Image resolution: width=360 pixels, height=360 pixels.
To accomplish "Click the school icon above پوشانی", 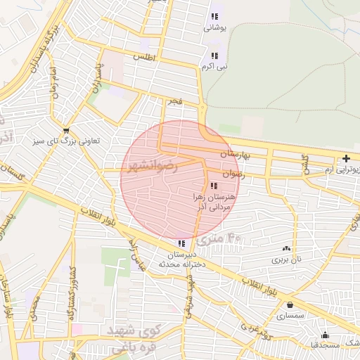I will click(214, 16).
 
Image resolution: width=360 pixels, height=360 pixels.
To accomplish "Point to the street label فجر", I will click(175, 102).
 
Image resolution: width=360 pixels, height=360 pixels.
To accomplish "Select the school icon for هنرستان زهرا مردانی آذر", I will click(214, 186).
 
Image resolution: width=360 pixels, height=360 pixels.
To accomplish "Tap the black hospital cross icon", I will click(345, 159).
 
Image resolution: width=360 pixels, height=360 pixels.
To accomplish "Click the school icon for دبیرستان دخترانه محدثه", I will click(182, 243).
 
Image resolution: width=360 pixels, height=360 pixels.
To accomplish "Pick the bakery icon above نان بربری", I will click(286, 248).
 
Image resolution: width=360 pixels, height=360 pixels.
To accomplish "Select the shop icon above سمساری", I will click(290, 305).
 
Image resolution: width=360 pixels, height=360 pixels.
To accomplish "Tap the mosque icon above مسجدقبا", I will click(325, 335).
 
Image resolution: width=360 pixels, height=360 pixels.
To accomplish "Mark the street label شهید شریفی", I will click(188, 286).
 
